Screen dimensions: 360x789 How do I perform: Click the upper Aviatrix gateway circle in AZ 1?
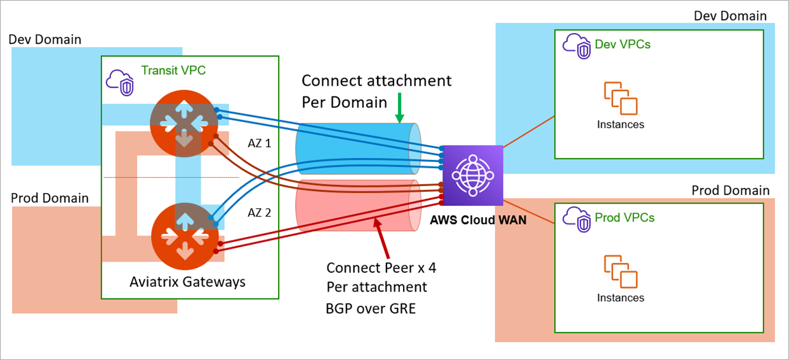pos(184,123)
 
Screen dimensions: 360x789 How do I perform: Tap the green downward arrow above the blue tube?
pos(399,108)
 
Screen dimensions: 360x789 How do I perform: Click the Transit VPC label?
pos(173,70)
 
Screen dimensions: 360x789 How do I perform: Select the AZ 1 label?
pos(259,143)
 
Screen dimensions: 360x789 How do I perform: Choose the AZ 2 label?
pos(259,213)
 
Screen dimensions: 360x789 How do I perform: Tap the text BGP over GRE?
pos(362,309)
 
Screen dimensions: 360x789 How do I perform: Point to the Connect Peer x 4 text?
pos(381,268)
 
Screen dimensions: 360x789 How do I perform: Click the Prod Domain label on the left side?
pos(50,198)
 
